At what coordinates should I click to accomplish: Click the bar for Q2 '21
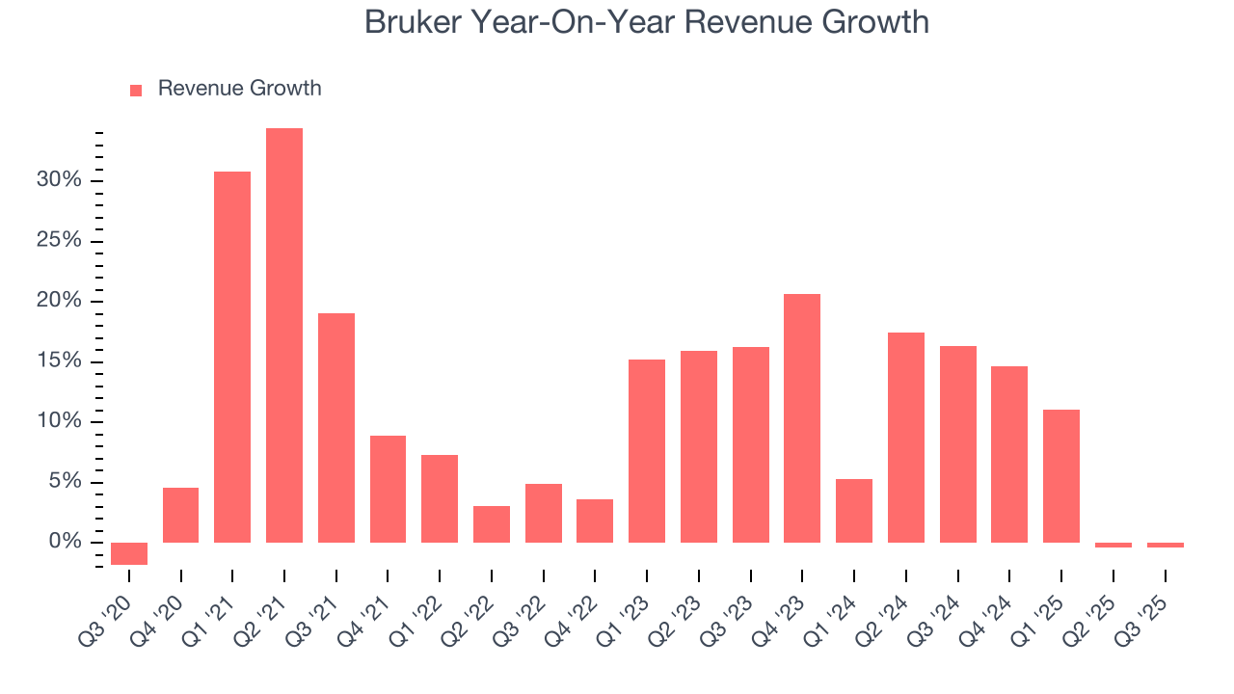pos(284,335)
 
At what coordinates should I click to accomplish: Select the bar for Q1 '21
pos(232,357)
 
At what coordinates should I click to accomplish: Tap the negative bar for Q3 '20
pos(129,553)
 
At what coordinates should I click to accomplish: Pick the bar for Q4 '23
pos(802,418)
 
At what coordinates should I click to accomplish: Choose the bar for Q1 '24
pos(854,511)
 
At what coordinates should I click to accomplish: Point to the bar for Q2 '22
pos(492,524)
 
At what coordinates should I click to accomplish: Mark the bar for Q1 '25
pos(1061,476)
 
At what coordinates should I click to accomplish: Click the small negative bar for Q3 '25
pos(1165,545)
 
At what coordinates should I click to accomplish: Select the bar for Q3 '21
pos(336,428)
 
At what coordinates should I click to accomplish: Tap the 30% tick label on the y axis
pos(60,181)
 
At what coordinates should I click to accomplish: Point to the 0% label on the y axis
pos(66,543)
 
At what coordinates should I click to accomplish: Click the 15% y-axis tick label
pos(60,361)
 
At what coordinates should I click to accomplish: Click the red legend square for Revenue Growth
pos(136,90)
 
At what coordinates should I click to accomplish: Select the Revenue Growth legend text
pos(239,89)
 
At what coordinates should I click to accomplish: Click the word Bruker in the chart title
pos(416,21)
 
